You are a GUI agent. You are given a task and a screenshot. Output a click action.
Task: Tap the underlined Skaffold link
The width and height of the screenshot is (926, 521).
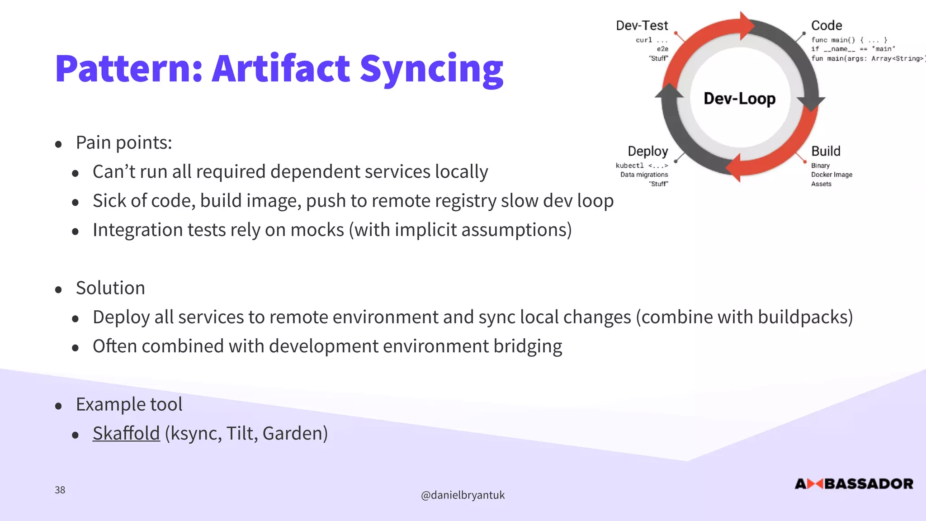click(126, 433)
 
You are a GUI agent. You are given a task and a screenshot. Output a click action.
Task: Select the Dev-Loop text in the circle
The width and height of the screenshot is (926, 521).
click(739, 99)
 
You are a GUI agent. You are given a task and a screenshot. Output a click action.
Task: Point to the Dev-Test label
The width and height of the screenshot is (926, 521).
click(642, 26)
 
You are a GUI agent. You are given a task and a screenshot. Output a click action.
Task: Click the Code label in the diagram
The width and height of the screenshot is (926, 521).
click(826, 26)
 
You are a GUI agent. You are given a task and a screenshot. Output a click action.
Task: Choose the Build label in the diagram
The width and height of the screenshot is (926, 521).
click(825, 151)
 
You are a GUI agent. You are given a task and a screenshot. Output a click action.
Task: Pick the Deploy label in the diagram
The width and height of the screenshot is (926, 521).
click(647, 151)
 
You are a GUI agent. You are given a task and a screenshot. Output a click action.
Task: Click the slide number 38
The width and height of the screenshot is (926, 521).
click(60, 490)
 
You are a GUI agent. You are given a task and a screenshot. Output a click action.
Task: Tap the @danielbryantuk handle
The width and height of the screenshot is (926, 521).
click(463, 495)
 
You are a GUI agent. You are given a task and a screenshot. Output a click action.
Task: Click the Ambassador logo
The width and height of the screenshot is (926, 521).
click(854, 484)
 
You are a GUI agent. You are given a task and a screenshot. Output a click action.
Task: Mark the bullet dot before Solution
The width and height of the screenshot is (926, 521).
click(58, 289)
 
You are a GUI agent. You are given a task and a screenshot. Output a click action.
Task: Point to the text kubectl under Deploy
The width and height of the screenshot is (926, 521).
click(629, 166)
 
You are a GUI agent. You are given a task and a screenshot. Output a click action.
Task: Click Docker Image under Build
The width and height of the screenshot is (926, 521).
click(831, 175)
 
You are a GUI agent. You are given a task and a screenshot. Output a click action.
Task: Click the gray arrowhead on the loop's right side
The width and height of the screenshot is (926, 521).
click(811, 103)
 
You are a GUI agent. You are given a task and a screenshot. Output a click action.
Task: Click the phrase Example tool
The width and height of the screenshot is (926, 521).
click(129, 404)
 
